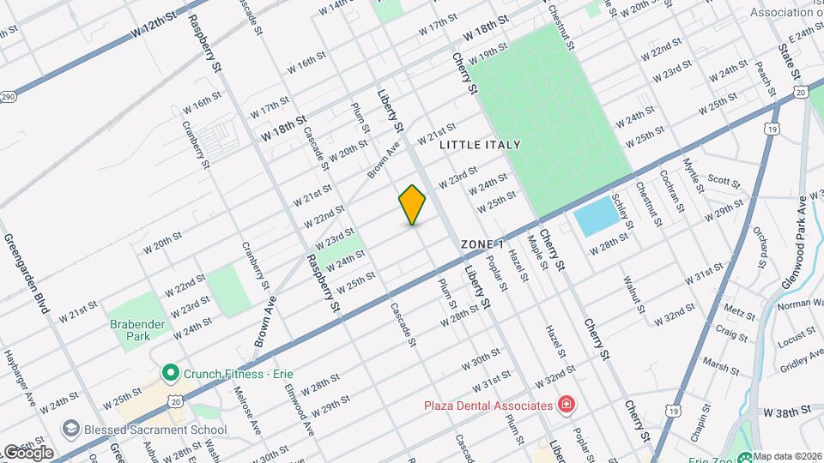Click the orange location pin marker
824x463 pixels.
(413, 204)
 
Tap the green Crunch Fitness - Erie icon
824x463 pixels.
(170, 373)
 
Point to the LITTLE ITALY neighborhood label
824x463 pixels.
(480, 145)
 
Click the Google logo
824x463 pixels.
(28, 452)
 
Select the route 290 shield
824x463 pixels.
(8, 97)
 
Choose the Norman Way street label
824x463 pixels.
(799, 303)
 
